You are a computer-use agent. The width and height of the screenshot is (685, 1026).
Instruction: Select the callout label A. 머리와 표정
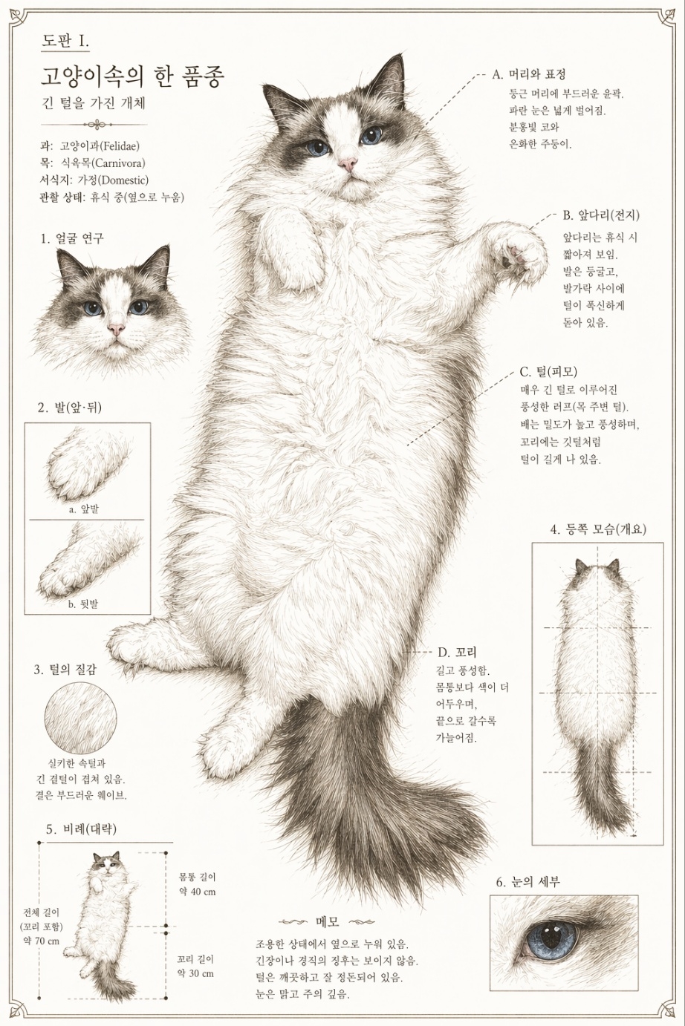(529, 73)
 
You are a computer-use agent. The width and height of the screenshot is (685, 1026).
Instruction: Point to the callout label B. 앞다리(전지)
(601, 215)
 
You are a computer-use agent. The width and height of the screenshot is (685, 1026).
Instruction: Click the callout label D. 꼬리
(457, 652)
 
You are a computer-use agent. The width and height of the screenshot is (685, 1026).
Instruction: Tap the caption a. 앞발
(83, 509)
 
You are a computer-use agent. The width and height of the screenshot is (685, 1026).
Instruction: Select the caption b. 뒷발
(83, 604)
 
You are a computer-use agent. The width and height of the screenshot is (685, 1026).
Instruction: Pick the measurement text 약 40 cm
(197, 892)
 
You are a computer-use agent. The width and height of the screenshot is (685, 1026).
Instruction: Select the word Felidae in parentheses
(119, 146)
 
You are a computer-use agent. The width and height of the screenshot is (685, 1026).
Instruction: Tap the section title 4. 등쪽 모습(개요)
(598, 529)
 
